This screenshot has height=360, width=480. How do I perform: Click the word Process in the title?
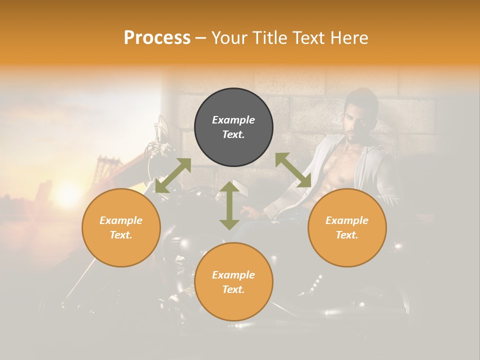coord(157,38)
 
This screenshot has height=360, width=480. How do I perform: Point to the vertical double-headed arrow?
coord(229,205)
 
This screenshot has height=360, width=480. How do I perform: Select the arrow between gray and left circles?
coord(173,175)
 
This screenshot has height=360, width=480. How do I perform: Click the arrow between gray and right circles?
coord(293,170)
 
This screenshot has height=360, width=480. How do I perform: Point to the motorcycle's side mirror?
coord(163,125)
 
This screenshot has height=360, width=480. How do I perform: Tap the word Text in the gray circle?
coord(233,134)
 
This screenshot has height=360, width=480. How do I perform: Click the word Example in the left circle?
coord(121,220)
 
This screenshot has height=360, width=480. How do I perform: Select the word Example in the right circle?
coord(347,220)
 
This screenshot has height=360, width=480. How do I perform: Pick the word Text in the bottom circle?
coord(233,289)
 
